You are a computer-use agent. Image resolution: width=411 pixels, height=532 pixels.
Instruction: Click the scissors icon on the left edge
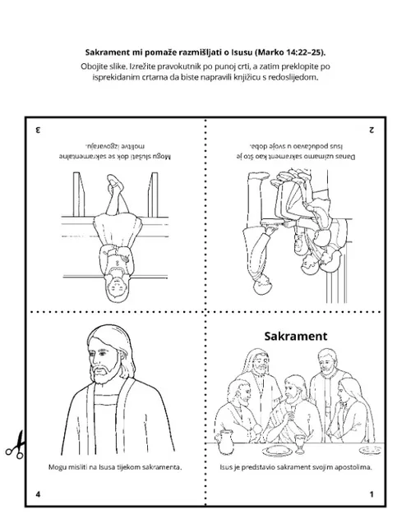(x=16, y=446)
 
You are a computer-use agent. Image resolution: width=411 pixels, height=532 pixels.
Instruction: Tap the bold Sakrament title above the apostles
(x=296, y=336)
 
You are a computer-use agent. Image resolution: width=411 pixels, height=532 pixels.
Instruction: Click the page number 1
(x=372, y=494)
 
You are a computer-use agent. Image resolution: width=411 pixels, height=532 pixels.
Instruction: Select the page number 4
(x=38, y=494)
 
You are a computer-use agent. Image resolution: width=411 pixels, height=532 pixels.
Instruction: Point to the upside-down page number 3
(x=38, y=130)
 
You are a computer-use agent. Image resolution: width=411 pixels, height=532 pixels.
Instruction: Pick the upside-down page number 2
(x=372, y=130)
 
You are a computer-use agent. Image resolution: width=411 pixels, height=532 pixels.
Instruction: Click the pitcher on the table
(x=225, y=442)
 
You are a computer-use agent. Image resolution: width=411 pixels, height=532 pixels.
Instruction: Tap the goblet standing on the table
(x=299, y=444)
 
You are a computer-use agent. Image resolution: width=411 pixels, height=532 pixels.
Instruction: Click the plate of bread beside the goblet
(x=277, y=452)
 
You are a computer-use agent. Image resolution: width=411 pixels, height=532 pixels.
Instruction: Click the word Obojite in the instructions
(x=93, y=66)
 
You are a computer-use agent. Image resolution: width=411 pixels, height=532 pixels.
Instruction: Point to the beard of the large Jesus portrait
(x=106, y=372)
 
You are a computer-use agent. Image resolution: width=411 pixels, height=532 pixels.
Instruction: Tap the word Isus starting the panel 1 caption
(x=226, y=467)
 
